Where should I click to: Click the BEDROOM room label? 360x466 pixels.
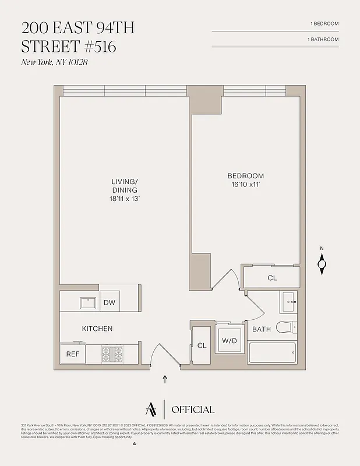[245, 176]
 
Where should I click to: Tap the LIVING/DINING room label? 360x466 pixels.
[125, 186]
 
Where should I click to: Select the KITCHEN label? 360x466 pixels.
[97, 329]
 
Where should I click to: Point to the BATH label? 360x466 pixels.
[262, 330]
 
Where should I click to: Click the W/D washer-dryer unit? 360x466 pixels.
[227, 341]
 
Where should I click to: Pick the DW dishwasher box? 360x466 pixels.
[110, 302]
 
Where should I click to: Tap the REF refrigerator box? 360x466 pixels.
[73, 354]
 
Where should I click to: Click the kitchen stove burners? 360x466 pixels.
[112, 354]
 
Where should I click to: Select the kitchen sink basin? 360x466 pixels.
[88, 302]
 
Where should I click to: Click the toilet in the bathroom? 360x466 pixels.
[286, 327]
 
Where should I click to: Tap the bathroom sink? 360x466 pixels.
[288, 302]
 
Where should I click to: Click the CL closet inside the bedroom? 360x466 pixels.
[272, 278]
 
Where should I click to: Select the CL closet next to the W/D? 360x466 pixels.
[202, 345]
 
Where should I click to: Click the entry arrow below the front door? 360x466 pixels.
[165, 380]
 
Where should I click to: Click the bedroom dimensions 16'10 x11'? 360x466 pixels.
[245, 185]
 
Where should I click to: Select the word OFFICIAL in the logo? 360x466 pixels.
[193, 409]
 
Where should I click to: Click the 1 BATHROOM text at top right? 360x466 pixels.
[323, 39]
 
